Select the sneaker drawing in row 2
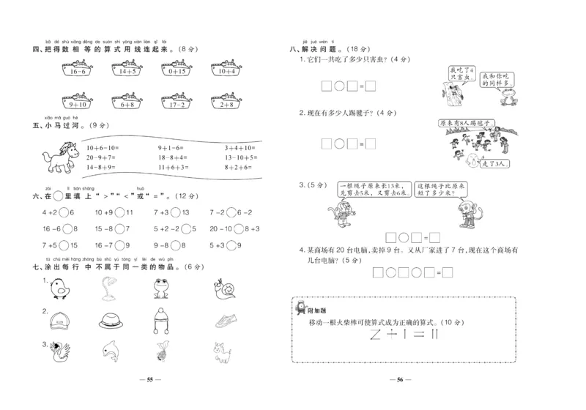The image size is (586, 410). pos(226,321)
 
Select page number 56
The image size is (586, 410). pos(400,381)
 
